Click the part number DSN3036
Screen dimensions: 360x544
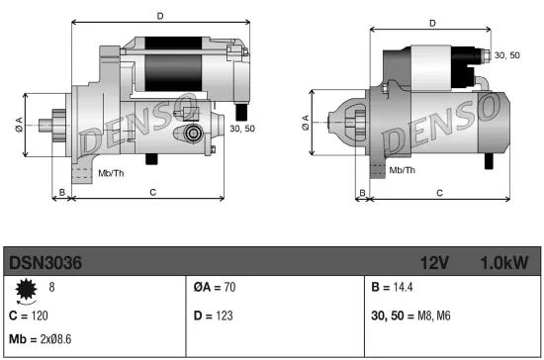(45, 263)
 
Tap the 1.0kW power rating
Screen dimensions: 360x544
(503, 263)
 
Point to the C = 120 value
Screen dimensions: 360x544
(28, 315)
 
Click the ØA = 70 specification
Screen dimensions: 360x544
(215, 289)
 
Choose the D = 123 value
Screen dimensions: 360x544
(213, 315)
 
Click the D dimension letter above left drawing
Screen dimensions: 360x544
(160, 16)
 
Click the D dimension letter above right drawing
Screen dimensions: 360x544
(432, 22)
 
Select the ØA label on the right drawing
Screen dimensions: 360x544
(305, 122)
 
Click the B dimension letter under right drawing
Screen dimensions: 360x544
(362, 191)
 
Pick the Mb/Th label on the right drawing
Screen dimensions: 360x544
(402, 170)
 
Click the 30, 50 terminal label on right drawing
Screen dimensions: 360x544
(506, 55)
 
